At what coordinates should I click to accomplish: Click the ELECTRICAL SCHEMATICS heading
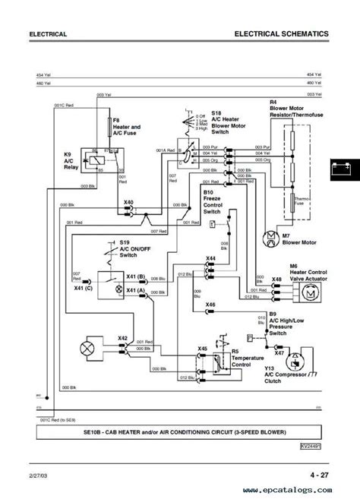[281, 34]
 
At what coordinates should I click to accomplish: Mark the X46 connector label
[210, 304]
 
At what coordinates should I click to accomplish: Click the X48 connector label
[257, 280]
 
